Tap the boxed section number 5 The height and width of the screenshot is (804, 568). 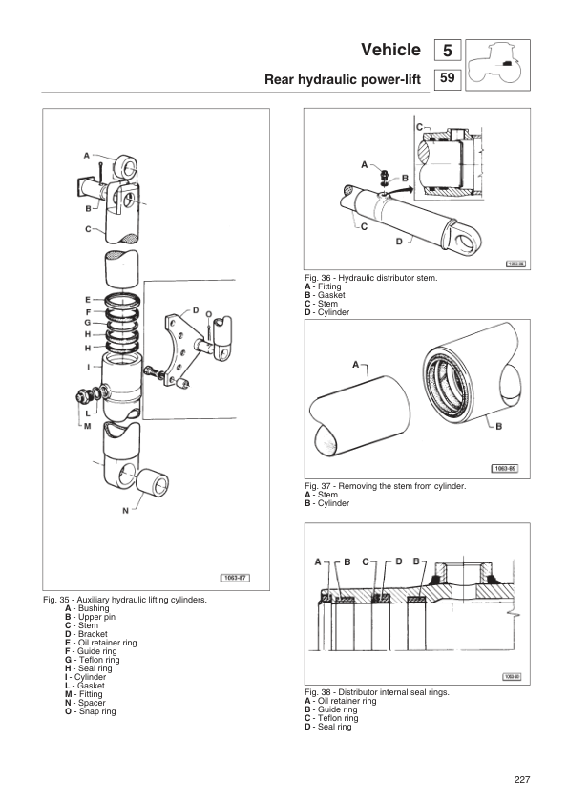(x=448, y=51)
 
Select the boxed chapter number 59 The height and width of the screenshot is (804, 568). (x=448, y=79)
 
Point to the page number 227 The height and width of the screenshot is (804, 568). (x=520, y=780)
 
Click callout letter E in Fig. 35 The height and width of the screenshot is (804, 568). (x=87, y=299)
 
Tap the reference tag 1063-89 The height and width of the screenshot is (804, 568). (x=505, y=468)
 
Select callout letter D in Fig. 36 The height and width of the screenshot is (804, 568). (x=398, y=243)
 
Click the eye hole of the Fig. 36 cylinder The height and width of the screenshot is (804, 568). (x=467, y=240)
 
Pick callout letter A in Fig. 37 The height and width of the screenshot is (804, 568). (x=356, y=364)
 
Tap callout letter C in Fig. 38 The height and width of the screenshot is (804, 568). (x=366, y=561)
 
